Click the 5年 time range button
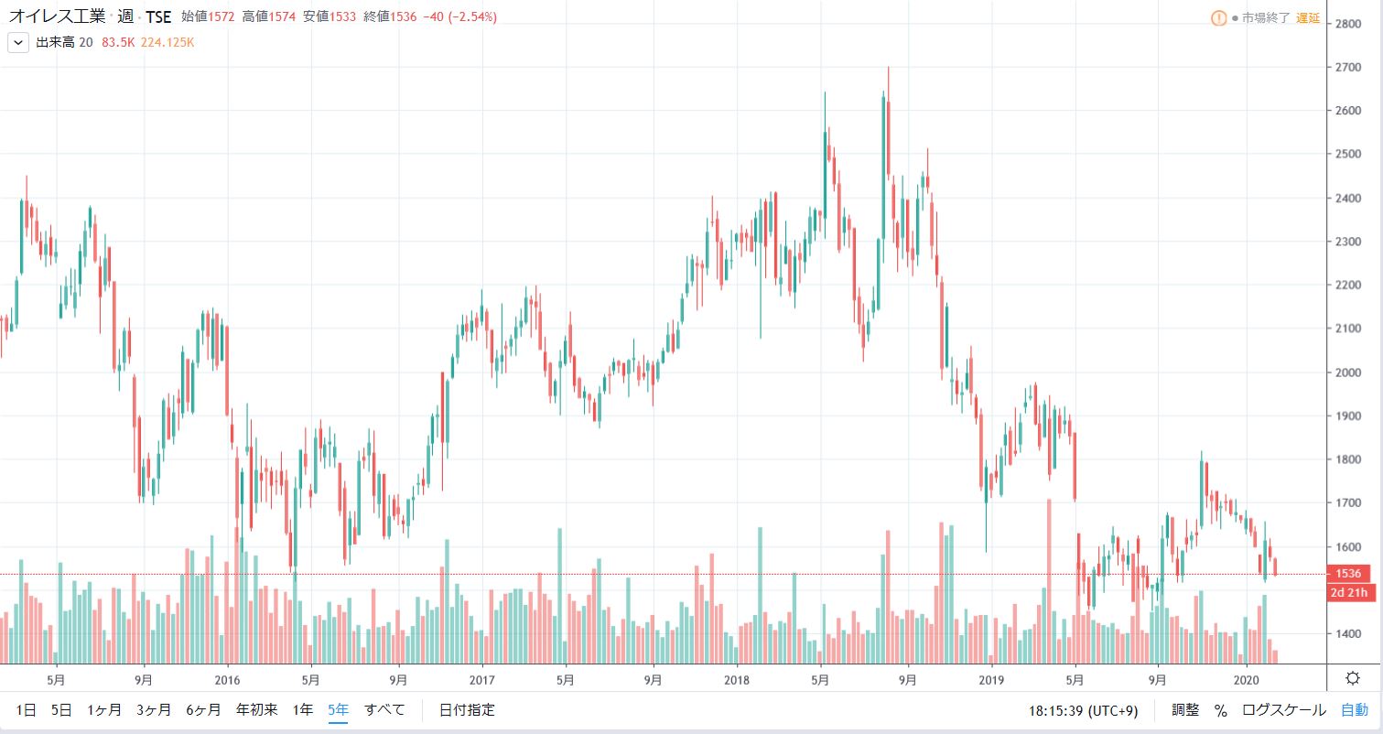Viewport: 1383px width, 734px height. (338, 709)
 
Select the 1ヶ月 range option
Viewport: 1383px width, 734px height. (103, 709)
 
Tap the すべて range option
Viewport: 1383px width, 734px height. (384, 709)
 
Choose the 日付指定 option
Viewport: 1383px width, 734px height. (467, 709)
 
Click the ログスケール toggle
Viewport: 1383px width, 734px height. (1283, 709)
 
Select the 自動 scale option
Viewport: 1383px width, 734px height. (1355, 709)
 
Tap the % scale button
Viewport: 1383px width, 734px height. (1220, 709)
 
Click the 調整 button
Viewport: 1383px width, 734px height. (1185, 709)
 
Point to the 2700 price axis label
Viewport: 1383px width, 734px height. (1350, 68)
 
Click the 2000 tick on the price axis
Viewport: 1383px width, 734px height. (1350, 372)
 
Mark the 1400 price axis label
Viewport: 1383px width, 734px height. (1350, 633)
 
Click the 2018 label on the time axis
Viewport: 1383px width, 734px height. (736, 680)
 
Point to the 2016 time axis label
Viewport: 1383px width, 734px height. (226, 680)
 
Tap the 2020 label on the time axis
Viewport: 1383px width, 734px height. (1245, 680)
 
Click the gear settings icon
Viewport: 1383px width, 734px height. (1353, 678)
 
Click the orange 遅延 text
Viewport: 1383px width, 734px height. (1308, 18)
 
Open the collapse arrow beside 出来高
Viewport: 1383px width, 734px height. (17, 42)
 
